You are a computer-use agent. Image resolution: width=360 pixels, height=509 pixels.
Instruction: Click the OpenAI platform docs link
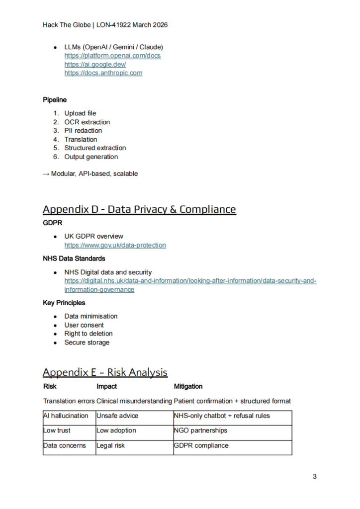point(112,56)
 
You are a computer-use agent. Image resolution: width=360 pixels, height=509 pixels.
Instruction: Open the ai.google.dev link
point(95,65)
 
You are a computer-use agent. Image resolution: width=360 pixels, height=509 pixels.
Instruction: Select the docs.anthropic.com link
point(103,73)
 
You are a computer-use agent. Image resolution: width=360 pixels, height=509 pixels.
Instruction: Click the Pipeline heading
point(55,100)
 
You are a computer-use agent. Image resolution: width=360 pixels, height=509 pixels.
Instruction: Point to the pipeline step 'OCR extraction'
point(87,122)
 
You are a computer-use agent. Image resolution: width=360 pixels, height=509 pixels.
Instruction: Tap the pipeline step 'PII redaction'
point(83,131)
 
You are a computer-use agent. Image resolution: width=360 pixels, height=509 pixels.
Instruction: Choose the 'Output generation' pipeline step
point(91,157)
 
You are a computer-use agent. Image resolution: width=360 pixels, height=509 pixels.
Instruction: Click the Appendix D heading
point(139,209)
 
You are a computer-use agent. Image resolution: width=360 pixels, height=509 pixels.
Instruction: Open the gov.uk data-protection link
point(115,245)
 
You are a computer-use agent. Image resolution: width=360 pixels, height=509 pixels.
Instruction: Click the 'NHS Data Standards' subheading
point(74,258)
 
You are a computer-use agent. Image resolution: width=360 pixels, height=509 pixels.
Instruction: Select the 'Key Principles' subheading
point(64,303)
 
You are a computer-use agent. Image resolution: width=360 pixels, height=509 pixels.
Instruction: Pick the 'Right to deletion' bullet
point(88,334)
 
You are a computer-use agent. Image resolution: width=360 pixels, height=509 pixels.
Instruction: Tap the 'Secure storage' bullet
point(87,342)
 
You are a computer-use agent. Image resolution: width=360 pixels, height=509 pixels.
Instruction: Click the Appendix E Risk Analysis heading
point(105,372)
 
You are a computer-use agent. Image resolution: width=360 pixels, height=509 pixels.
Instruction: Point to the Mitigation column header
point(188,386)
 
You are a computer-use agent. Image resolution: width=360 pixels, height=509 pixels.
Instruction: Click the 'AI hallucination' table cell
point(66,416)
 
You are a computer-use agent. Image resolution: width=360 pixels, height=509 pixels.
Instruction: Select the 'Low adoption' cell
point(116,430)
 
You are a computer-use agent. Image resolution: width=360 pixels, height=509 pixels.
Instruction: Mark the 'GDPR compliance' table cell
point(201,445)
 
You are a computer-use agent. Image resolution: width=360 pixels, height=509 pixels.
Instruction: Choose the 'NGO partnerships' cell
point(200,430)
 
